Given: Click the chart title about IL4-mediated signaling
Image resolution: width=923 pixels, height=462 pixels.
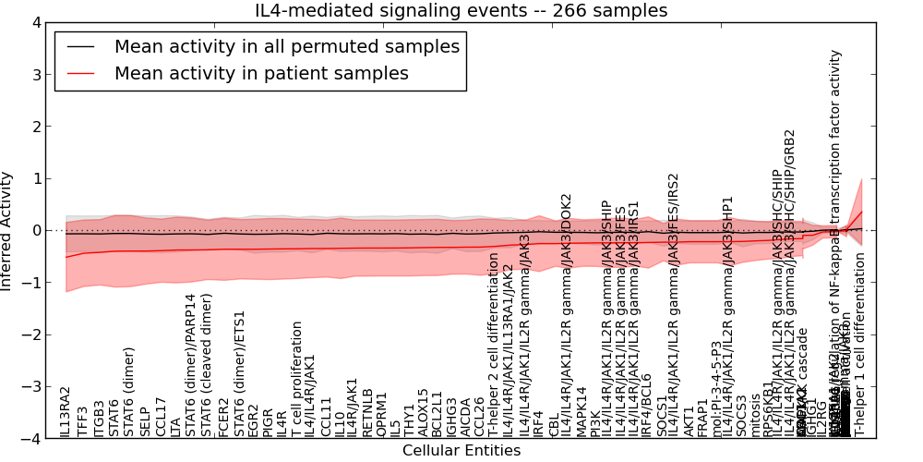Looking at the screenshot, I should (461, 10).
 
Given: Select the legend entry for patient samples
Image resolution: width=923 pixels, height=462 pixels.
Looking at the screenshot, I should (261, 73).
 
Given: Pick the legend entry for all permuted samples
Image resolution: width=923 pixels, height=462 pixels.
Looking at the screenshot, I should (287, 46).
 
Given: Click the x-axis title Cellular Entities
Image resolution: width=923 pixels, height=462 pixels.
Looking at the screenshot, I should (461, 451).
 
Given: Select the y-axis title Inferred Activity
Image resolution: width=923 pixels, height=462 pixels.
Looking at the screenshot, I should (7, 230).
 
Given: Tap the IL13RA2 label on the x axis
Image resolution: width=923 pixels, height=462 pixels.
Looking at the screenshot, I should (66, 412).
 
